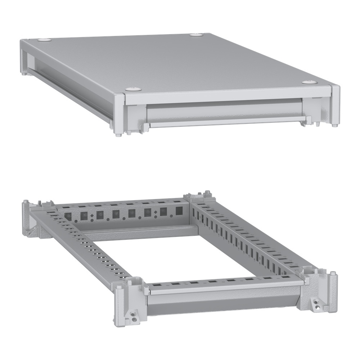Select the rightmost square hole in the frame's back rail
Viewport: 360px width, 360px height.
click(179, 211)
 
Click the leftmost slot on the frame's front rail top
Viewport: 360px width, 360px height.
click(158, 285)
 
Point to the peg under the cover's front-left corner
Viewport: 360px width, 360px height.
click(119, 134)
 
